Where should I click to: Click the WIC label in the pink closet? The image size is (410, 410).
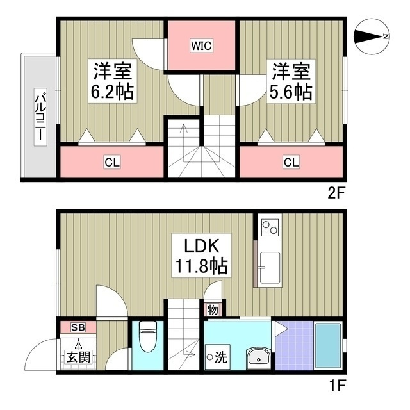(201, 46)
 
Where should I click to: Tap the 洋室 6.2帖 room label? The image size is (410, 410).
(113, 81)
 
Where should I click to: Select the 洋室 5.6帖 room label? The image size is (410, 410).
(291, 81)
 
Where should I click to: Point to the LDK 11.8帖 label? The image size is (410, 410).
(201, 256)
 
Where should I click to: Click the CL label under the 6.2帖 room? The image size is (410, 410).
(112, 162)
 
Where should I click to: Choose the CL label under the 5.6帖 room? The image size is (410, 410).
(291, 162)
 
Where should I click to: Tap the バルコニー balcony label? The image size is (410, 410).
(40, 117)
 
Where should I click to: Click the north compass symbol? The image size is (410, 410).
(372, 37)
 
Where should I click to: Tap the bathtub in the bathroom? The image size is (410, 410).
(328, 346)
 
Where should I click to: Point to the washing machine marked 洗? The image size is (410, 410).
(218, 357)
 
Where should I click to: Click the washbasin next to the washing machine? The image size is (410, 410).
(258, 358)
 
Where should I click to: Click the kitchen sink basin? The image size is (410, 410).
(270, 268)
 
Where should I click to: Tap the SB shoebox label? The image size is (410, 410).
(78, 327)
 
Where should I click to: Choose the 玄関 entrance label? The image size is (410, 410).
(78, 357)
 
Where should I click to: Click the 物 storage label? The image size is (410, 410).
(213, 310)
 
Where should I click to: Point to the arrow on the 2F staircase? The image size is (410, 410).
(184, 143)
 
